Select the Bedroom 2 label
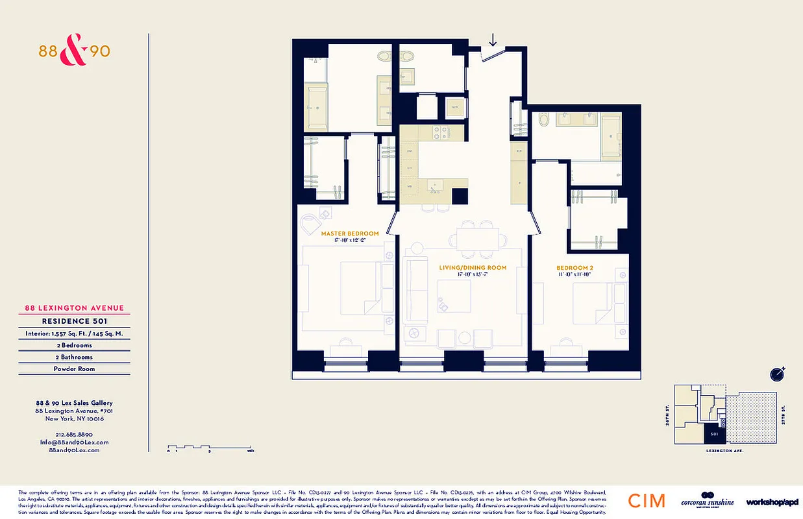click(x=574, y=268)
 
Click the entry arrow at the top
click(x=493, y=40)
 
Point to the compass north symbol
click(x=777, y=374)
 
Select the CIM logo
click(x=647, y=501)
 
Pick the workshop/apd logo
click(x=772, y=501)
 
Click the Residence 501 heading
click(x=74, y=321)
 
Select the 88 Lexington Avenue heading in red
click(x=74, y=309)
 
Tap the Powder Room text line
click(x=74, y=368)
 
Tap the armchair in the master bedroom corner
click(x=314, y=222)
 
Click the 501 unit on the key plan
click(x=713, y=433)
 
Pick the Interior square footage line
click(x=74, y=333)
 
